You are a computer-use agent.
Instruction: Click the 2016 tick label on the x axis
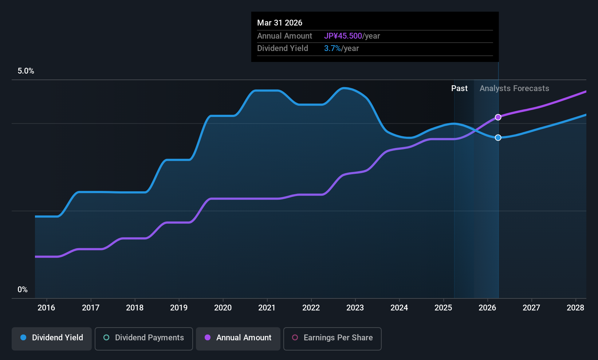(46, 308)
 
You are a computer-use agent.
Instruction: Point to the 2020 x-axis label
(223, 308)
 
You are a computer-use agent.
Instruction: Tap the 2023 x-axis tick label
(355, 308)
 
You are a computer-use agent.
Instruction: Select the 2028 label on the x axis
(575, 308)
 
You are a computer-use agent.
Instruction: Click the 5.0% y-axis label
(26, 71)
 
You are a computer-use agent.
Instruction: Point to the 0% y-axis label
(23, 290)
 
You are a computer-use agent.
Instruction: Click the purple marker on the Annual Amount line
(498, 117)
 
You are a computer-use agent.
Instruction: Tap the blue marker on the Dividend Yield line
(498, 138)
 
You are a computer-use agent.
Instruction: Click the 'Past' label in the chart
(459, 89)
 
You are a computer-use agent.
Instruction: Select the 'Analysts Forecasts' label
(514, 89)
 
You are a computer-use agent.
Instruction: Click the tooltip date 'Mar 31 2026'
(280, 23)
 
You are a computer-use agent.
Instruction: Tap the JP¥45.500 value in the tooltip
(343, 36)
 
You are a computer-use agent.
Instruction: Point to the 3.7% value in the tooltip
(333, 48)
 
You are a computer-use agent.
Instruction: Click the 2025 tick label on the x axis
(443, 308)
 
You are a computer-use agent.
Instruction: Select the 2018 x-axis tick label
(135, 308)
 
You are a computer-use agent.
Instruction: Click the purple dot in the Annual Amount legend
(208, 338)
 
